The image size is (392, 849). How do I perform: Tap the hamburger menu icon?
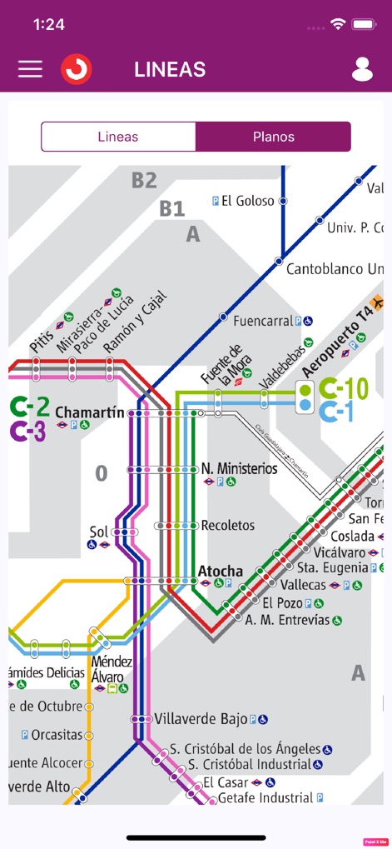(30, 69)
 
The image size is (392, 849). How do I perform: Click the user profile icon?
(362, 69)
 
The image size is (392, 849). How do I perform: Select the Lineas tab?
(118, 137)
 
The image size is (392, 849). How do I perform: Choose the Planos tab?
(273, 137)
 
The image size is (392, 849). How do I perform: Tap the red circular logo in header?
(76, 69)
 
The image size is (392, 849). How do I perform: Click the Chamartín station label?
(89, 412)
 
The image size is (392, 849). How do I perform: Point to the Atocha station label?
(221, 571)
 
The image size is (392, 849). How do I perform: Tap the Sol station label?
(99, 531)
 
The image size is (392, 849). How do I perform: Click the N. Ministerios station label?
(240, 468)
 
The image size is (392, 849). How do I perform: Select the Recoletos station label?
(227, 526)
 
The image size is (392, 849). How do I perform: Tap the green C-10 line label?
(344, 388)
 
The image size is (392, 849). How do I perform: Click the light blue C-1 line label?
(337, 411)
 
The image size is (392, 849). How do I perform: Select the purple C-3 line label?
(28, 431)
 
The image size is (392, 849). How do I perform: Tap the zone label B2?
(144, 180)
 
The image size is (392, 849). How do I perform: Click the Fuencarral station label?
(263, 320)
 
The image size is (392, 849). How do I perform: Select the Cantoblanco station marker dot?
(280, 261)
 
